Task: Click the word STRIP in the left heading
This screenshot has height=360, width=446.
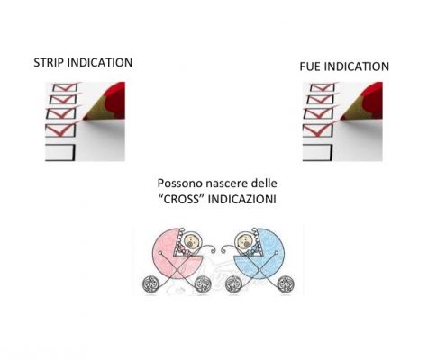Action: coord(49,63)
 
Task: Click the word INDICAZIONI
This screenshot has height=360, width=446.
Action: coord(241,200)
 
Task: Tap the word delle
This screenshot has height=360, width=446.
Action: coord(264,183)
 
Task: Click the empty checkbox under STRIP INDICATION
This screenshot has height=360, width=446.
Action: coord(59,153)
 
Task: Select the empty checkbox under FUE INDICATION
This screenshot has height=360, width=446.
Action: coord(317,153)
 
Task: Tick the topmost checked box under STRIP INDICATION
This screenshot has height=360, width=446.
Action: coord(65,87)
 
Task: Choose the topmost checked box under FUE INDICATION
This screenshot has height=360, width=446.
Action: coord(323,87)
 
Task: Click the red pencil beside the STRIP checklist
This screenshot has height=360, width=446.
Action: coord(105,102)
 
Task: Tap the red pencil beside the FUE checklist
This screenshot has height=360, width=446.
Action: coord(362,102)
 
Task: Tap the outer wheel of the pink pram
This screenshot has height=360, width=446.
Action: coord(150,284)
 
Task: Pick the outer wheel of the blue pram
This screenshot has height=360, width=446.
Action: coord(286,284)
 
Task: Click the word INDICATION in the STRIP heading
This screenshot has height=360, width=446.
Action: coord(100,63)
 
